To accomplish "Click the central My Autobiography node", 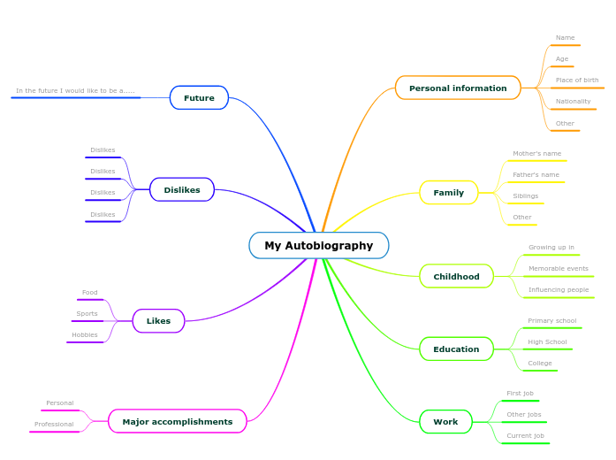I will (318, 245).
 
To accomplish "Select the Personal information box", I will (458, 88).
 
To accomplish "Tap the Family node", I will (448, 192).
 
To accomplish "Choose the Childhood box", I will (456, 276).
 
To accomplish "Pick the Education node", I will (456, 349).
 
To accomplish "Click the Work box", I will (445, 421).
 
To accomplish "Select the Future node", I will (199, 97).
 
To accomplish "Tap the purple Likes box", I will (158, 320).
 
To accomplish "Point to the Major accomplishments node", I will (177, 421).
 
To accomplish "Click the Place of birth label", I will (576, 80).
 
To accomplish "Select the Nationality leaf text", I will (573, 102).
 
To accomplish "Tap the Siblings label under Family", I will (525, 196).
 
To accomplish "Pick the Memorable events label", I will (558, 269).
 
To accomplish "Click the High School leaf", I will (547, 342).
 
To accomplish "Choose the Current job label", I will (525, 436).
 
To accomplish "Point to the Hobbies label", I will (85, 335).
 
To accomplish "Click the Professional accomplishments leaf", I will (54, 425).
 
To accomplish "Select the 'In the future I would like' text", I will (75, 90).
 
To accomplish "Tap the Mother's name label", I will (536, 154).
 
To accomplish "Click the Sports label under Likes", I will (87, 314).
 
